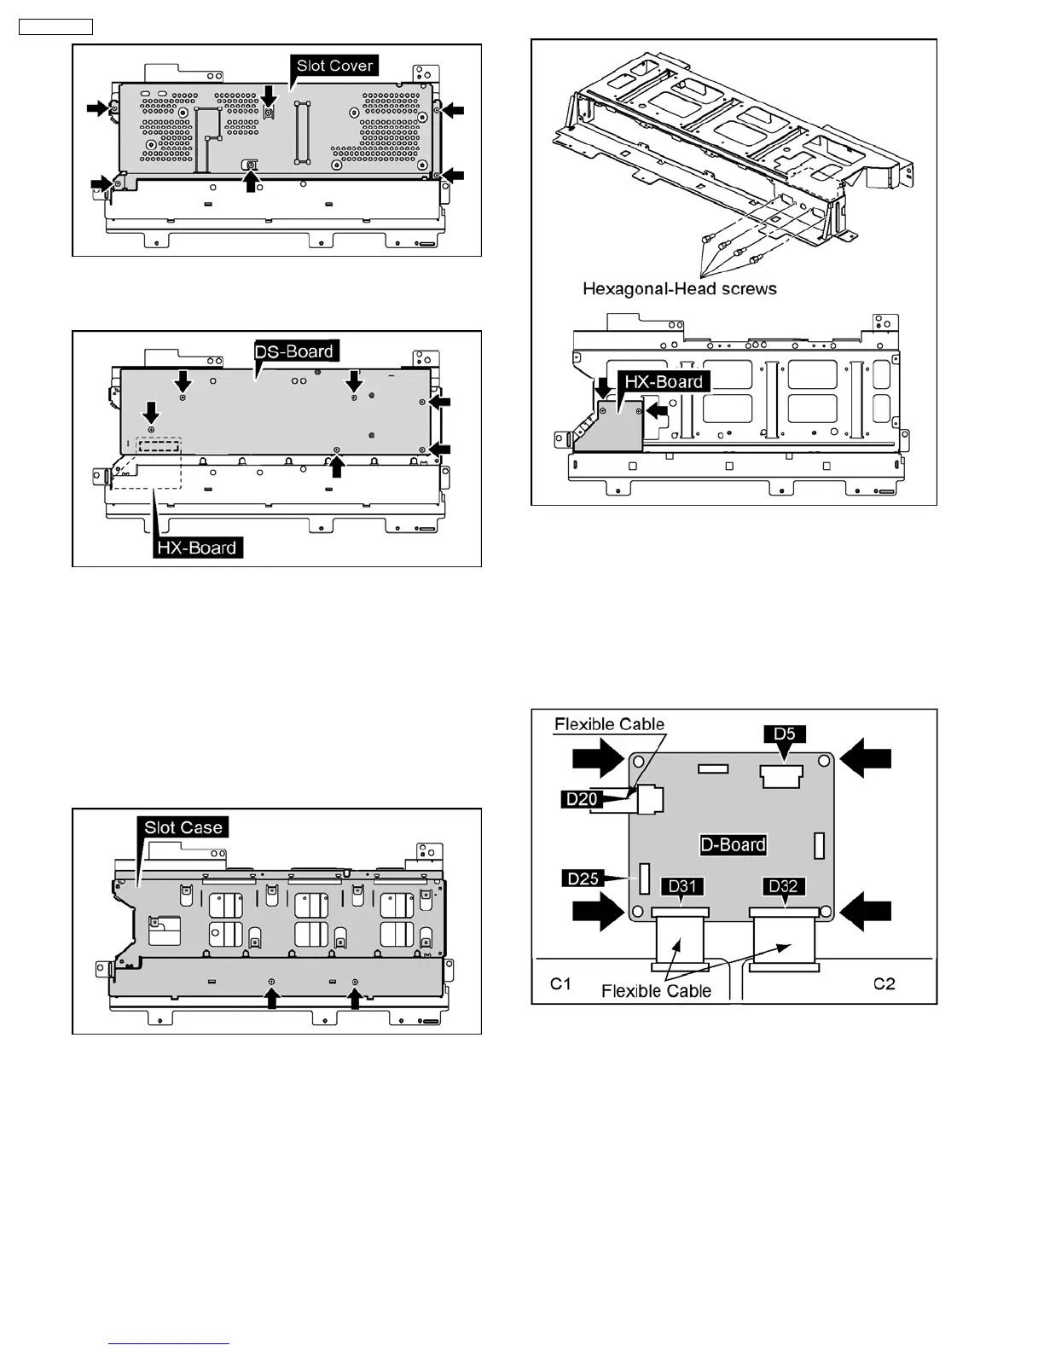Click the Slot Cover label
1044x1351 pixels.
[x=334, y=66]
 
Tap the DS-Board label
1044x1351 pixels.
[x=294, y=351]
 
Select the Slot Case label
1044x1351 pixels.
[x=183, y=827]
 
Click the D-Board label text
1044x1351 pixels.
[x=733, y=844]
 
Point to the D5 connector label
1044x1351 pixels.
[x=784, y=733]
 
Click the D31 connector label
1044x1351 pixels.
[x=682, y=886]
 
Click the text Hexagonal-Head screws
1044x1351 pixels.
[x=680, y=288]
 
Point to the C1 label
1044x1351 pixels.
[x=560, y=983]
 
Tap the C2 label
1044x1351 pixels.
[x=884, y=983]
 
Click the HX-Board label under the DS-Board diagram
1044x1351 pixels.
[x=197, y=548]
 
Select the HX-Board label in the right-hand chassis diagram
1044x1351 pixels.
[x=664, y=381]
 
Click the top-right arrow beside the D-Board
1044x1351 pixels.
[x=866, y=758]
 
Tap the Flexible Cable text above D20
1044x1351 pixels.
[x=609, y=724]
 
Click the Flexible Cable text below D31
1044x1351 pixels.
[x=656, y=990]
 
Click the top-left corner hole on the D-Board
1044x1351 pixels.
[x=637, y=761]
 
